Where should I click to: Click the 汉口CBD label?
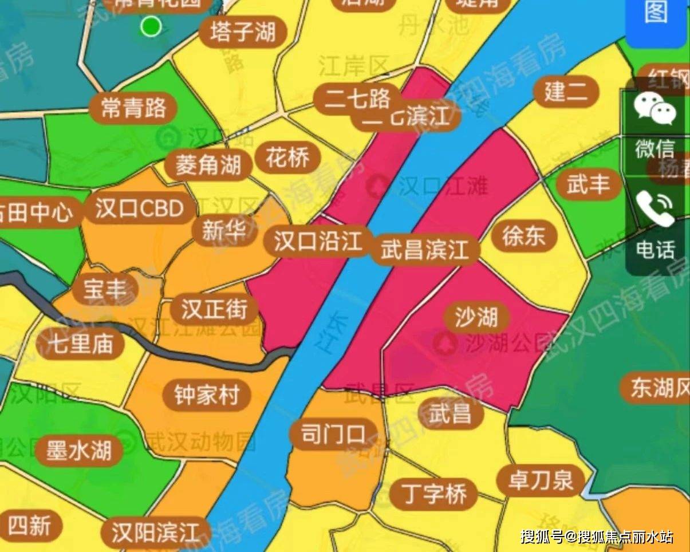click(139, 209)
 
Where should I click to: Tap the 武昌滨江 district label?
click(425, 250)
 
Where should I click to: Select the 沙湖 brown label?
click(476, 317)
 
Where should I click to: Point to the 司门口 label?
click(333, 435)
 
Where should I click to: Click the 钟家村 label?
click(206, 395)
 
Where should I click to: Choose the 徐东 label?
click(523, 236)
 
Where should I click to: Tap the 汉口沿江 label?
click(318, 242)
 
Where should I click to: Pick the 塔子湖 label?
click(243, 32)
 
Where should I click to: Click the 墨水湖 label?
click(78, 451)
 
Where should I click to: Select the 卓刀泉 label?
click(541, 480)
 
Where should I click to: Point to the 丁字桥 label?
click(434, 494)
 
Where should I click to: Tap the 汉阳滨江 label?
click(155, 533)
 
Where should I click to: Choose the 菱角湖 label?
click(208, 166)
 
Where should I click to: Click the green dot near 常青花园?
click(151, 26)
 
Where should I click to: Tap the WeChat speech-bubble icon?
click(654, 109)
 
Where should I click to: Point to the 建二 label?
click(566, 92)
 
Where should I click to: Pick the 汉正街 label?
click(214, 310)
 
